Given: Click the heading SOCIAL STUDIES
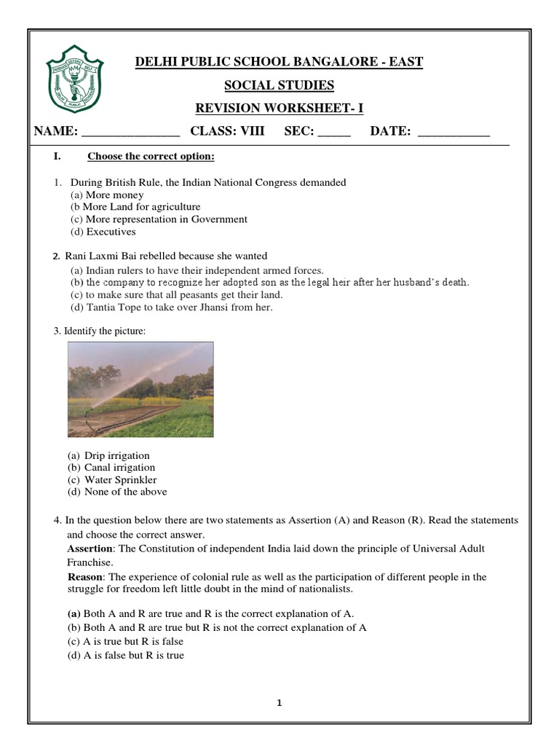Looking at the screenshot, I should [x=279, y=85].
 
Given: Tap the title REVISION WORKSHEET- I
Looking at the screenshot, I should [x=279, y=109].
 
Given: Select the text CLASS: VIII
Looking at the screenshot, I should [x=227, y=131].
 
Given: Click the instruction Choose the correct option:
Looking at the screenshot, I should [x=151, y=157].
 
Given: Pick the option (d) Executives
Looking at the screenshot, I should [x=103, y=232].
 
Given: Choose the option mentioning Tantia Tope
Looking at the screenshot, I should [x=171, y=307].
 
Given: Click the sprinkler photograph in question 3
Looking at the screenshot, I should [x=140, y=389].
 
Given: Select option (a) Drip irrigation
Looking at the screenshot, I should [x=108, y=455].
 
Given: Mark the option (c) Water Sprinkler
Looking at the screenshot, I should [x=112, y=479].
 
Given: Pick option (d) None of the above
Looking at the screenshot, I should [x=117, y=492].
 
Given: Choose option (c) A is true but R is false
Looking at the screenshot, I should [x=125, y=641].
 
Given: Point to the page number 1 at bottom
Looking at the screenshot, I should [x=279, y=703].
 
